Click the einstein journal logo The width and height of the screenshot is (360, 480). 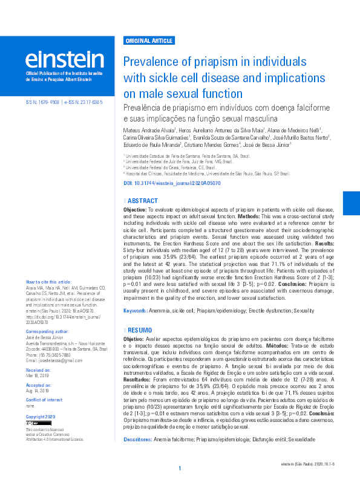(x=64, y=59)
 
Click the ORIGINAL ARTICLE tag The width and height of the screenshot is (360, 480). (x=149, y=41)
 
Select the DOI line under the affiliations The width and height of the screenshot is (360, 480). (x=172, y=183)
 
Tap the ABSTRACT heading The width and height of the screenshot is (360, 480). (x=143, y=199)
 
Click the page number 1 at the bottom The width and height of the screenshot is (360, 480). (x=180, y=469)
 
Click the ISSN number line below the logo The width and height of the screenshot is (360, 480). (x=64, y=103)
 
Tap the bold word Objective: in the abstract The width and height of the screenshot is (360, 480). (x=136, y=208)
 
